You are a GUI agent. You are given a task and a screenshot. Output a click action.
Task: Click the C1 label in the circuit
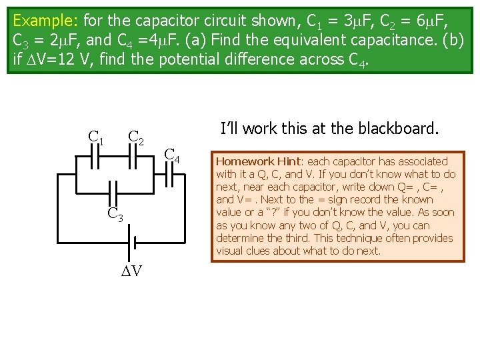[x=96, y=138]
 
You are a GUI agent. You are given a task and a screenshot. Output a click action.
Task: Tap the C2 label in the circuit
[x=137, y=138]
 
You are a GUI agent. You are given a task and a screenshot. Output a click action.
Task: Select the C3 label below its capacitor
[x=115, y=215]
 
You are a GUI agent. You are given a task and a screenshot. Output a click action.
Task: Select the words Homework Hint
[x=257, y=161]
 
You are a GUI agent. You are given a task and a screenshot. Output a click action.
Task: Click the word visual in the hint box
[x=231, y=251]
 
